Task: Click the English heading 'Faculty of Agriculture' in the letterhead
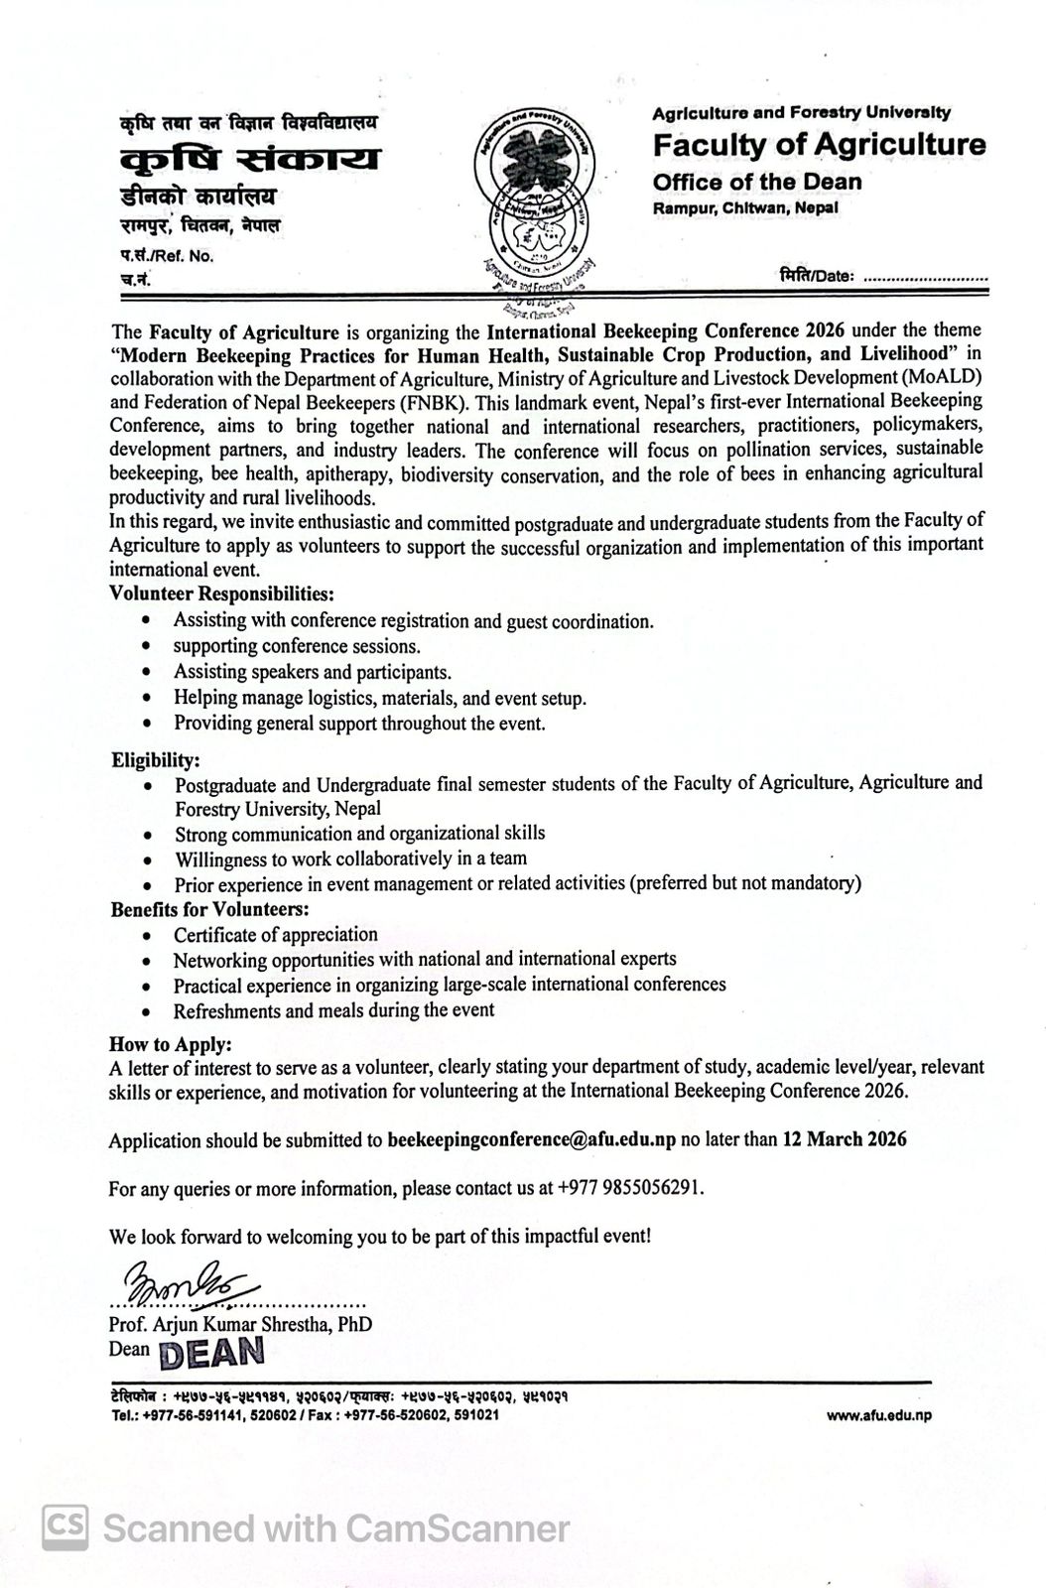point(819,145)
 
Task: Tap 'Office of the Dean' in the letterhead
point(757,182)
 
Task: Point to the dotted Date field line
point(926,278)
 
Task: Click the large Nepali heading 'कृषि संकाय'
point(249,159)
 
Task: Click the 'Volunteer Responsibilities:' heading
point(221,595)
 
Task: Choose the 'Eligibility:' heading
point(156,760)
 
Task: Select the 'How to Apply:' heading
point(171,1044)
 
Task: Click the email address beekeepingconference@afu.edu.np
point(531,1140)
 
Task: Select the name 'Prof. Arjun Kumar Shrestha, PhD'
point(241,1324)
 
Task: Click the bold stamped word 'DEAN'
point(211,1352)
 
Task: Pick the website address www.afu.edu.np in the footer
point(878,1416)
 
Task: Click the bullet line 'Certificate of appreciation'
point(276,935)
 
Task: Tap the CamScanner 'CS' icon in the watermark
point(65,1527)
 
